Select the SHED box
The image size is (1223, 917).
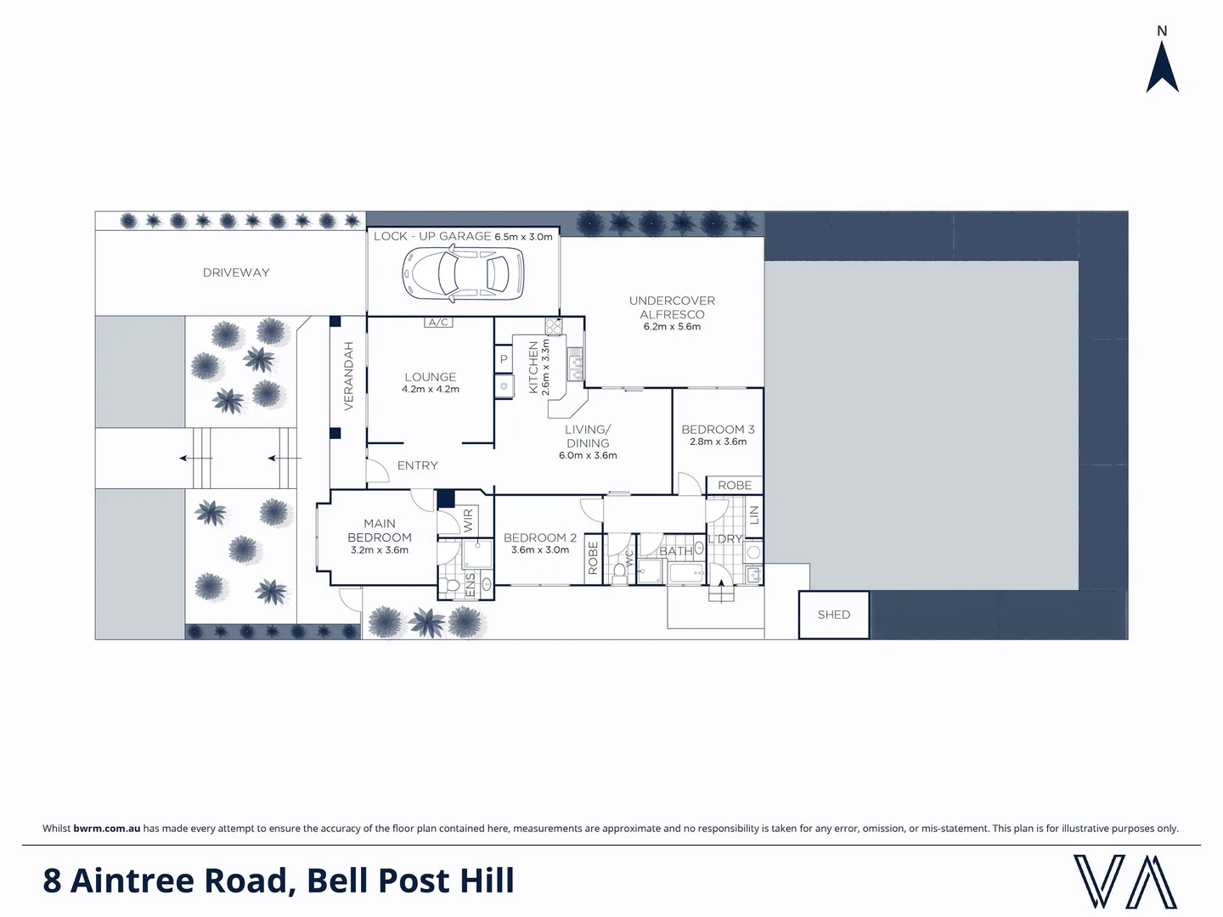pyautogui.click(x=833, y=615)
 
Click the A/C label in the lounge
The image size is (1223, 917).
pyautogui.click(x=438, y=323)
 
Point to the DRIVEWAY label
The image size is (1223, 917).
pyautogui.click(x=236, y=273)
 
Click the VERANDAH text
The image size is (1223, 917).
pyautogui.click(x=348, y=376)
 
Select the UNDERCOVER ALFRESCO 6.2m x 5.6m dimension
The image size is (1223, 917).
pyautogui.click(x=672, y=327)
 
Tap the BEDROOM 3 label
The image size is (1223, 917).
pyautogui.click(x=718, y=430)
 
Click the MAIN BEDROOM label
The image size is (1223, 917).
pyautogui.click(x=380, y=531)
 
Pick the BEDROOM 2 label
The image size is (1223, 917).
pyautogui.click(x=539, y=537)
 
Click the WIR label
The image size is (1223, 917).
pyautogui.click(x=468, y=520)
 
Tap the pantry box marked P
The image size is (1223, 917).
pyautogui.click(x=504, y=359)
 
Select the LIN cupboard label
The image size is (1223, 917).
pyautogui.click(x=753, y=515)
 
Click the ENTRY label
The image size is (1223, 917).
pyautogui.click(x=418, y=465)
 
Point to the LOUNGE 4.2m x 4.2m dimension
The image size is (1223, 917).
pyautogui.click(x=431, y=390)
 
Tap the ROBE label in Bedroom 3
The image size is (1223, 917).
pyautogui.click(x=735, y=486)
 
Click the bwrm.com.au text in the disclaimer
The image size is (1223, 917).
pyautogui.click(x=107, y=829)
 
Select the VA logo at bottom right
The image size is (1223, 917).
pyautogui.click(x=1124, y=881)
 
